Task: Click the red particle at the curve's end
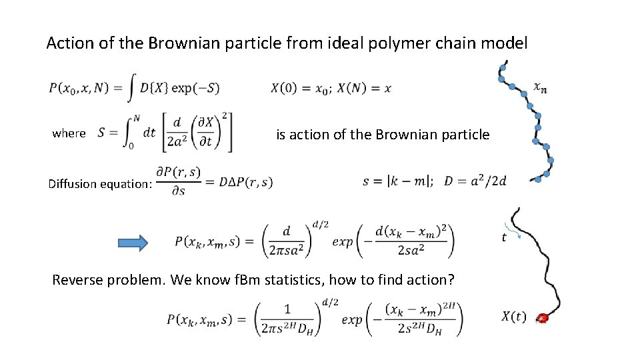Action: click(x=543, y=319)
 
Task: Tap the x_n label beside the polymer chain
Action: click(x=541, y=87)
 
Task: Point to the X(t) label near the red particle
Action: click(x=513, y=317)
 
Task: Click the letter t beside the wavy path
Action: click(x=503, y=237)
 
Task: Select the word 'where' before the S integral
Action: click(x=69, y=133)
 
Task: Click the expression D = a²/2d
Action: click(x=475, y=181)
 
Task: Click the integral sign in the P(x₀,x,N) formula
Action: click(x=134, y=87)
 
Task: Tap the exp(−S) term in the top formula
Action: click(x=195, y=88)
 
